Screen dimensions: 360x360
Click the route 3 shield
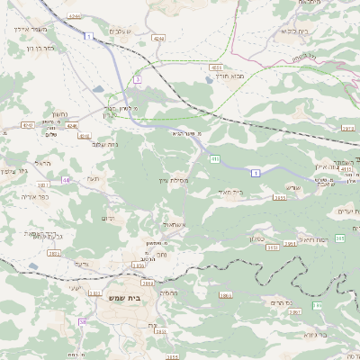click(x=137, y=80)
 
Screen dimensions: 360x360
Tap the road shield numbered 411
click(x=215, y=158)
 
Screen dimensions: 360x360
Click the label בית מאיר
click(x=231, y=191)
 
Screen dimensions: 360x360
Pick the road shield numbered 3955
click(x=280, y=197)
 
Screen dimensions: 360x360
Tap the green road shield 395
click(x=340, y=238)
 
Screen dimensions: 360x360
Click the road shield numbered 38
click(x=82, y=321)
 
